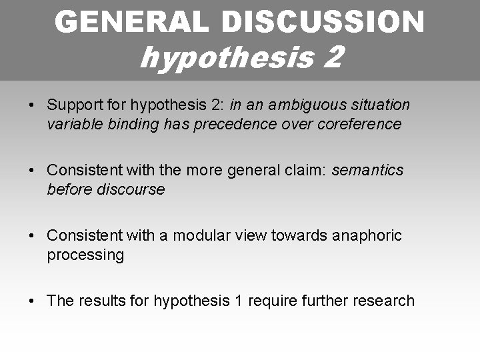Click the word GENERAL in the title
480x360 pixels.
click(x=132, y=22)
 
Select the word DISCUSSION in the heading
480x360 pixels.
click(x=323, y=22)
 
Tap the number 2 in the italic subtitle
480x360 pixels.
click(x=333, y=57)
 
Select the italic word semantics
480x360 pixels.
click(x=367, y=171)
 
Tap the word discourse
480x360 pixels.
click(x=131, y=189)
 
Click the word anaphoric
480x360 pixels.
click(x=365, y=235)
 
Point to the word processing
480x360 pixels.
click(x=85, y=255)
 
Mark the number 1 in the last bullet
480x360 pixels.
click(x=239, y=301)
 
